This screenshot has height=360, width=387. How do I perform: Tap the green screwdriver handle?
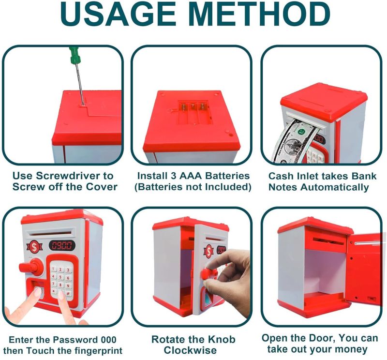pos(74,55)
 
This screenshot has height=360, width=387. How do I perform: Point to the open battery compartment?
pos(195,112)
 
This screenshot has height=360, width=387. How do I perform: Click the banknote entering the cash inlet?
pos(293,142)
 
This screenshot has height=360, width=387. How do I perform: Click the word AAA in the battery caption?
pos(190,176)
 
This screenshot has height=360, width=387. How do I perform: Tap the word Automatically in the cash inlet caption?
pos(335,187)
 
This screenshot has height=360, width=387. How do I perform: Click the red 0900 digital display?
pos(62,245)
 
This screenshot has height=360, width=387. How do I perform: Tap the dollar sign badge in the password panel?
pos(34,246)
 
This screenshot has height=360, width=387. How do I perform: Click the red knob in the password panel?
pos(31,268)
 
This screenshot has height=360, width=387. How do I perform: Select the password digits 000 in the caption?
pos(107,340)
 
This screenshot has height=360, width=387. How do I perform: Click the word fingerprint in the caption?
pos(95,351)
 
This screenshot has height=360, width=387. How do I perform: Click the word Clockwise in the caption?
pos(190,350)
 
